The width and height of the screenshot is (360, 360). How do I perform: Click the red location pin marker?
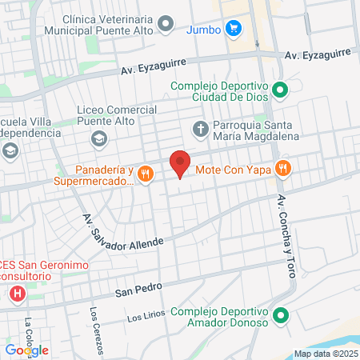tap(180, 163)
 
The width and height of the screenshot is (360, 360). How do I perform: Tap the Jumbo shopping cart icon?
tap(234, 29)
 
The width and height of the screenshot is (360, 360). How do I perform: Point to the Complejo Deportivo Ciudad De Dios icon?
tap(280, 89)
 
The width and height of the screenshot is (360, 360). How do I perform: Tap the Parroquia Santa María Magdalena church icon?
tap(200, 126)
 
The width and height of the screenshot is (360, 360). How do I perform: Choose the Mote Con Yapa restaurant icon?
tap(282, 168)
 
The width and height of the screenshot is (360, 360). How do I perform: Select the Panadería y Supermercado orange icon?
tap(145, 173)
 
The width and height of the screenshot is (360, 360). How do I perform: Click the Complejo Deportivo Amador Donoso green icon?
tap(280, 315)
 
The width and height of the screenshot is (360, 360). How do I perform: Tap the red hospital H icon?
tap(17, 294)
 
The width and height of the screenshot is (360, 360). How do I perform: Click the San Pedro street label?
tap(133, 292)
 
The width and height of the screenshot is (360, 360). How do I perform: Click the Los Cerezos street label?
tap(96, 330)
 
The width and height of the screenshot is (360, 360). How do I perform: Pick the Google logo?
tap(26, 350)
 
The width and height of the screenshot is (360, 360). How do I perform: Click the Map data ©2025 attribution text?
tap(326, 354)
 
